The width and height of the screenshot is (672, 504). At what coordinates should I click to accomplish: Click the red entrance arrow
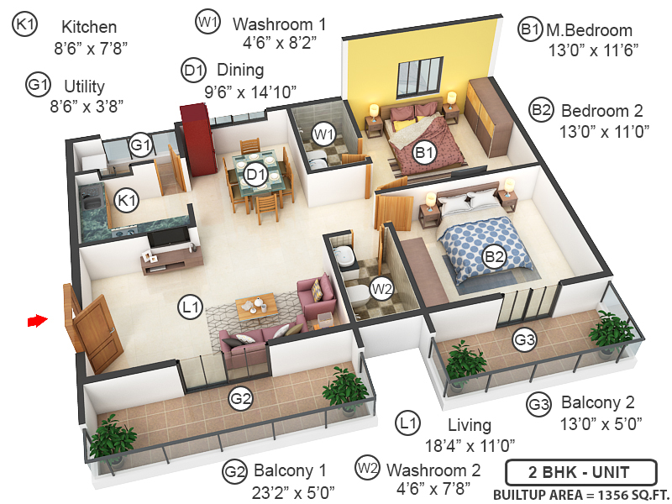tap(36, 320)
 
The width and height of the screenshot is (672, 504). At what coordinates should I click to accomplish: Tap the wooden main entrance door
tap(92, 329)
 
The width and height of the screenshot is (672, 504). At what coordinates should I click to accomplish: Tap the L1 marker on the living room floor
tap(192, 308)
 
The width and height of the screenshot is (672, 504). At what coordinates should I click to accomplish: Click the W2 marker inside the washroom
tap(381, 289)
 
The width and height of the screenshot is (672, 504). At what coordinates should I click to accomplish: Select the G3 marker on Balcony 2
tap(525, 340)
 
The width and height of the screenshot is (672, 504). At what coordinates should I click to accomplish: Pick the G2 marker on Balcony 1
tap(241, 399)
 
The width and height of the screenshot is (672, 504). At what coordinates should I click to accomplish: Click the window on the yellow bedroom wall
tap(417, 76)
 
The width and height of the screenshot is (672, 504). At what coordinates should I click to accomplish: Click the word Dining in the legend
tap(240, 69)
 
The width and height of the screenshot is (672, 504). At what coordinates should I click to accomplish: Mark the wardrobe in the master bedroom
tap(487, 118)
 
